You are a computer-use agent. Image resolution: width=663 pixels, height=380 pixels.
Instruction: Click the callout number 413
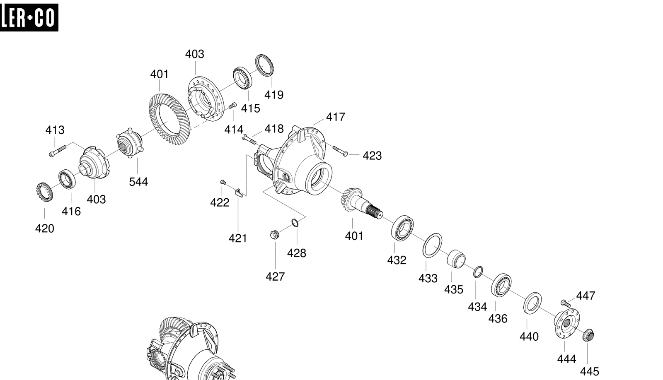coord(55,130)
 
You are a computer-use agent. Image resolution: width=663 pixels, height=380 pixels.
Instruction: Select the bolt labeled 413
coord(58,151)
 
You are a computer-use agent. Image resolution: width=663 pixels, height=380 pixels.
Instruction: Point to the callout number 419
coord(274,95)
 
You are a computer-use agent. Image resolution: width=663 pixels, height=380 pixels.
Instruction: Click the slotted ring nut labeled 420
coord(44,192)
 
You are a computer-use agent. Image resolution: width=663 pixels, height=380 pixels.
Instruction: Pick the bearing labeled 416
coord(67,179)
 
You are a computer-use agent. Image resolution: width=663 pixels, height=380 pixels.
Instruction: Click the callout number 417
coord(335,117)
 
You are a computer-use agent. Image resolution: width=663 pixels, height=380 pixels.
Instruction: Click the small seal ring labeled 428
coord(295,223)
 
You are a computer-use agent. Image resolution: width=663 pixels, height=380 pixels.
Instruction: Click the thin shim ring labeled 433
coord(432,245)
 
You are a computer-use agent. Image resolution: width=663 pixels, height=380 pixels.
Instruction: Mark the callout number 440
coord(529,337)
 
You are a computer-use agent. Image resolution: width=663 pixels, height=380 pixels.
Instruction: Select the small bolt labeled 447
coord(566,303)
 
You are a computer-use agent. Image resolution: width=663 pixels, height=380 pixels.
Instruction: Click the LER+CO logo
coord(29,17)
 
